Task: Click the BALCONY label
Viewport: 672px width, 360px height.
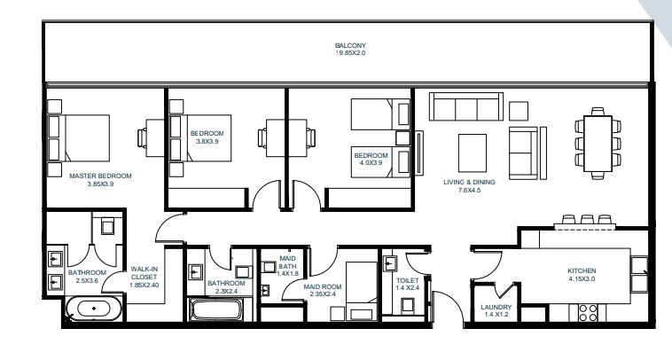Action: pos(350,45)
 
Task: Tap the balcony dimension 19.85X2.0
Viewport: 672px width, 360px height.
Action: pos(350,54)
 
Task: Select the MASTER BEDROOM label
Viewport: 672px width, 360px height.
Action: pos(99,176)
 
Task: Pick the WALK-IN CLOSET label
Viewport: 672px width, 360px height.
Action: pos(145,272)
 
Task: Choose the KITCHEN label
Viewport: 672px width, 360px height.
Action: pos(582,270)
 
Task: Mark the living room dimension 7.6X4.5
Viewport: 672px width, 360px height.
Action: pos(469,190)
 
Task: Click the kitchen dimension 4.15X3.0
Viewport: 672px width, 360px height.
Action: pos(582,279)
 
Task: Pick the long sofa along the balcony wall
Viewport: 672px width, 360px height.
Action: pos(465,106)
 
